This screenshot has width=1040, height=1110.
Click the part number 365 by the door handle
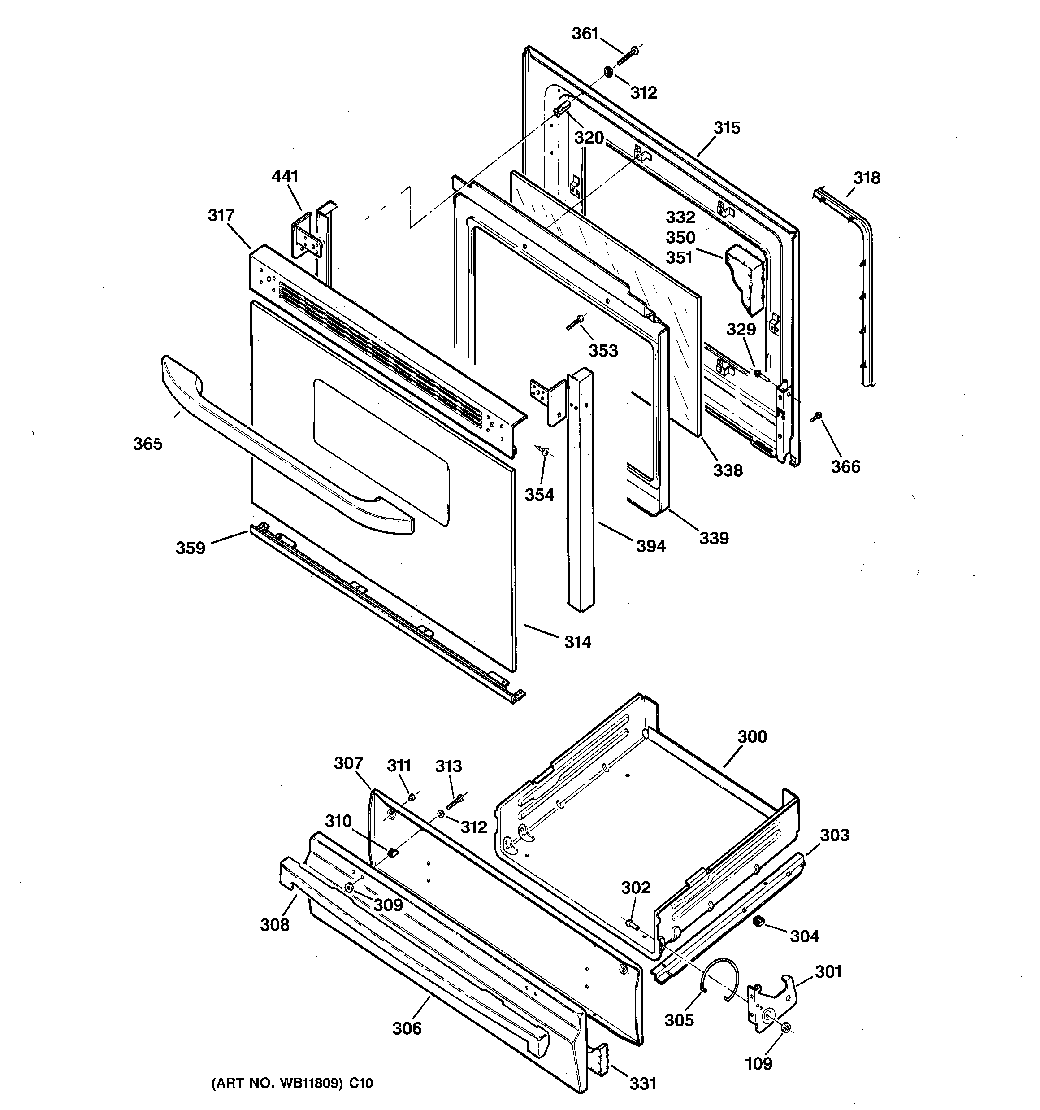coord(147,444)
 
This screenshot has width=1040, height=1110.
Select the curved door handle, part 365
coord(279,446)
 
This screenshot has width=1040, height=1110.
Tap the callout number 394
coord(651,545)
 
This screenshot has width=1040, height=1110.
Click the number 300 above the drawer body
coord(752,736)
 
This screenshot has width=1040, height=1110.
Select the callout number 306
coord(407,1028)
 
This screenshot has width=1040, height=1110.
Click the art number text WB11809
coord(311,1099)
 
